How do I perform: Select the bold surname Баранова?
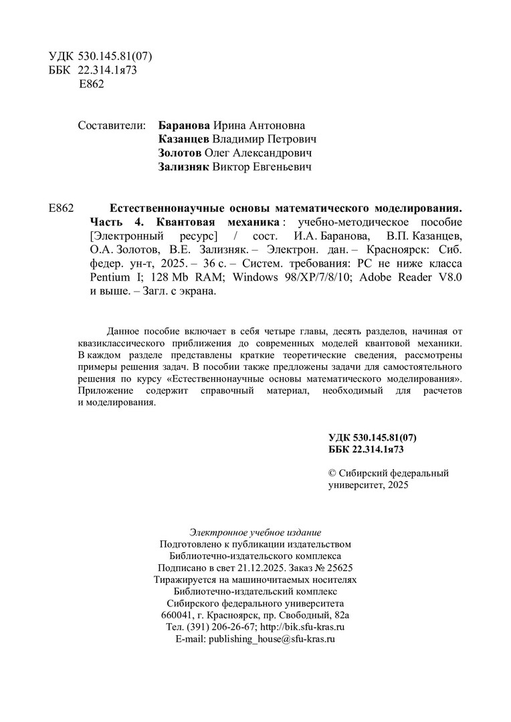click(x=185, y=126)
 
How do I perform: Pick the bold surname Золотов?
click(x=179, y=154)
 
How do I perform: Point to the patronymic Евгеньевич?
click(x=286, y=168)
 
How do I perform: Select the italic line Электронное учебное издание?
click(x=255, y=533)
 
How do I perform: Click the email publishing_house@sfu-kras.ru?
click(x=272, y=639)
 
